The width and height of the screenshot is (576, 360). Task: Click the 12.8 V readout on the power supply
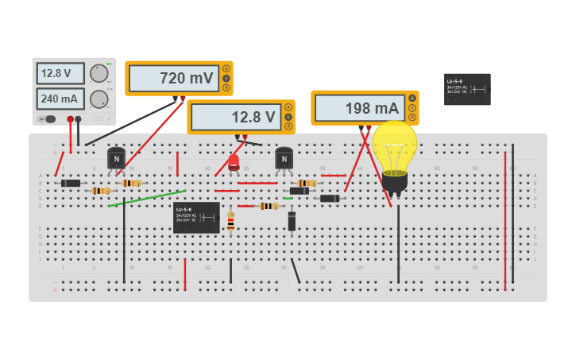pos(60,74)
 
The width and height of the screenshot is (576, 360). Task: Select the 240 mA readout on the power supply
pos(60,99)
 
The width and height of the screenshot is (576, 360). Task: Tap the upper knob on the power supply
pos(99,74)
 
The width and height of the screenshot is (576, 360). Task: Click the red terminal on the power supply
pos(70,119)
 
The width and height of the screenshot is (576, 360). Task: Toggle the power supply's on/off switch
pos(49,119)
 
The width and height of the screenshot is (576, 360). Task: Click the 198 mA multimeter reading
pos(359,108)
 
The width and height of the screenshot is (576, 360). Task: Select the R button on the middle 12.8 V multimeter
pos(288,126)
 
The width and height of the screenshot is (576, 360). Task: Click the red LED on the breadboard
pos(234,163)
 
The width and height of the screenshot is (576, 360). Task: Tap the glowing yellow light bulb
pos(394,149)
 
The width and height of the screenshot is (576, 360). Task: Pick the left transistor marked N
pos(117,158)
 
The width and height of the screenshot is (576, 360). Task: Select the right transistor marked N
pos(284,159)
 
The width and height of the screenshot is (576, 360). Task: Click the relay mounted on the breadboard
pos(196,217)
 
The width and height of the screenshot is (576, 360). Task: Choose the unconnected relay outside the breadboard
pos(467,89)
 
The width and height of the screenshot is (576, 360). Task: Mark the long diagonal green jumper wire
pos(147,198)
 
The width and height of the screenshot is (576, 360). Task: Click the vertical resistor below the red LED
pos(230,222)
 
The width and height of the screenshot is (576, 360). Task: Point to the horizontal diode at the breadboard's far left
pos(71,184)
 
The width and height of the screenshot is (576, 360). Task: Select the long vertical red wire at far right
pos(505,211)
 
